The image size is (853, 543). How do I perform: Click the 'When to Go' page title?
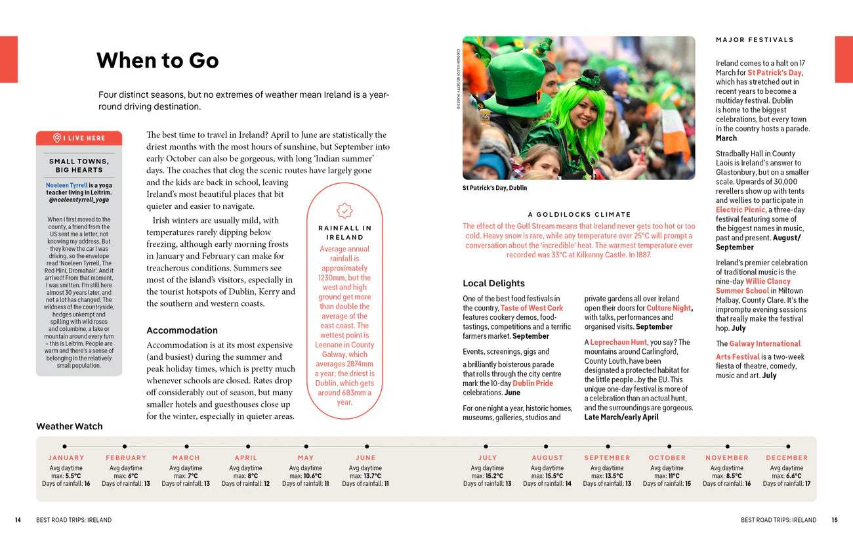(157, 60)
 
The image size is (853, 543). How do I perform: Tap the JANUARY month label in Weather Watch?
(66, 458)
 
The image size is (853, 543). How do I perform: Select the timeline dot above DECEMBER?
(788, 446)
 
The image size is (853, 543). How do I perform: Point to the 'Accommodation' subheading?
(182, 330)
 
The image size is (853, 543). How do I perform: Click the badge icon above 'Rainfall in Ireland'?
(344, 210)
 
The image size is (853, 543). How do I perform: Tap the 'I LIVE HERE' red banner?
(79, 138)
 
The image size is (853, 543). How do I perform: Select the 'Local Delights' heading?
(493, 284)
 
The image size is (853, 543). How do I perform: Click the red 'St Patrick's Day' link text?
(774, 73)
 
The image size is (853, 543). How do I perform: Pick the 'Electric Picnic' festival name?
(740, 210)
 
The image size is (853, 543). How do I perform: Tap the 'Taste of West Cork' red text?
(531, 308)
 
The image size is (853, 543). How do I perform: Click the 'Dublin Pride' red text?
(533, 383)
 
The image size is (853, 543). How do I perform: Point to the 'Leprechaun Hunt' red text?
(618, 343)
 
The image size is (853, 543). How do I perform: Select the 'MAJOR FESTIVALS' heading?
(755, 40)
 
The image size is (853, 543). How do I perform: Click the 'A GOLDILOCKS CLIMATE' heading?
(579, 215)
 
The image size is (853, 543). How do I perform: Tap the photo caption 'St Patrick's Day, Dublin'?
(495, 188)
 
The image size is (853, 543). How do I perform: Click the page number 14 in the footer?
(18, 520)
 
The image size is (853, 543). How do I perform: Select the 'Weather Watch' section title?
(70, 426)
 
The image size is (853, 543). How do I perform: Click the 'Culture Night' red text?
(668, 308)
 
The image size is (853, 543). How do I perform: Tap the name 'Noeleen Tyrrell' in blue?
(66, 186)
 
